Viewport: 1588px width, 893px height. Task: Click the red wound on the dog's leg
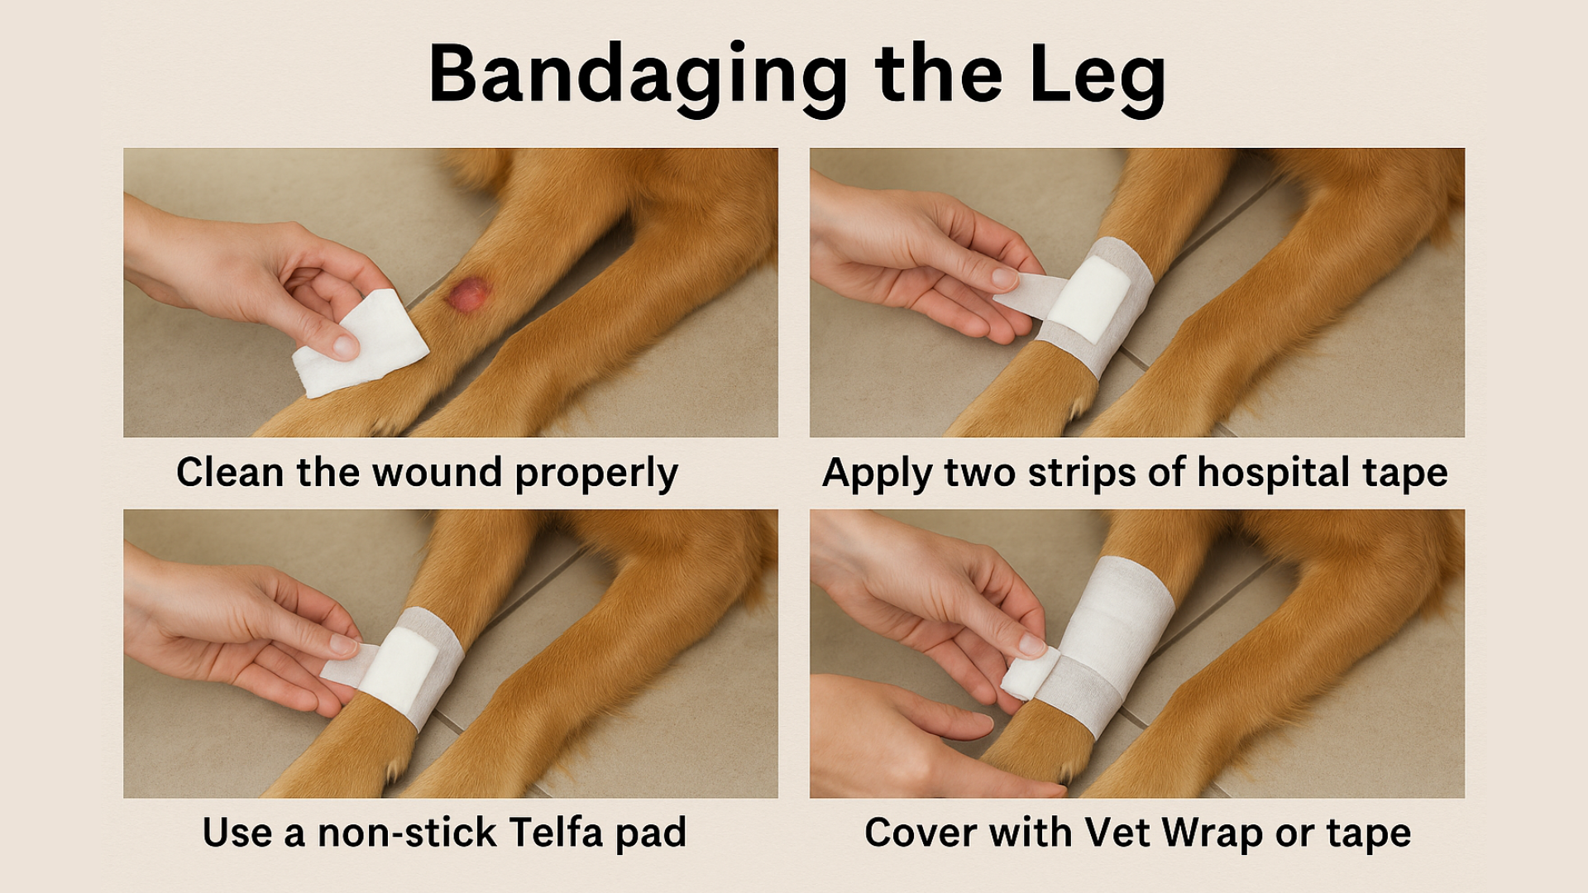(x=468, y=294)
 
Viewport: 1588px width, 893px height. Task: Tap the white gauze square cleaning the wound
(x=361, y=344)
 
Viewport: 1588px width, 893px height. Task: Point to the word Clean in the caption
(x=230, y=472)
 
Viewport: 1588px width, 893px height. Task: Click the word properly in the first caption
(x=596, y=474)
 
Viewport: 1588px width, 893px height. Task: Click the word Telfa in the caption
(x=556, y=833)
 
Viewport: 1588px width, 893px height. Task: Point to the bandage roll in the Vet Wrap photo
(x=1030, y=674)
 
